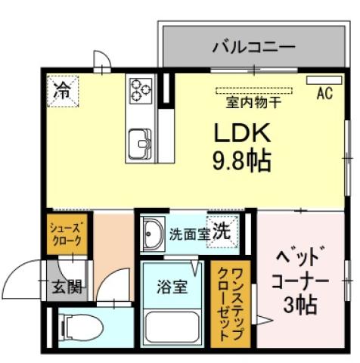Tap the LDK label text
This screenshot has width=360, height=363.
pyautogui.click(x=241, y=134)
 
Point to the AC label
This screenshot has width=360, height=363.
pyautogui.click(x=324, y=95)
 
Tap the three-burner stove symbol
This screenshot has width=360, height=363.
pyautogui.click(x=140, y=90)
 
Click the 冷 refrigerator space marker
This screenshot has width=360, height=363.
pyautogui.click(x=63, y=92)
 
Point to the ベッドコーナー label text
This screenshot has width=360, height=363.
pyautogui.click(x=300, y=266)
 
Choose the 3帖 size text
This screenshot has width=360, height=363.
pyautogui.click(x=301, y=306)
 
